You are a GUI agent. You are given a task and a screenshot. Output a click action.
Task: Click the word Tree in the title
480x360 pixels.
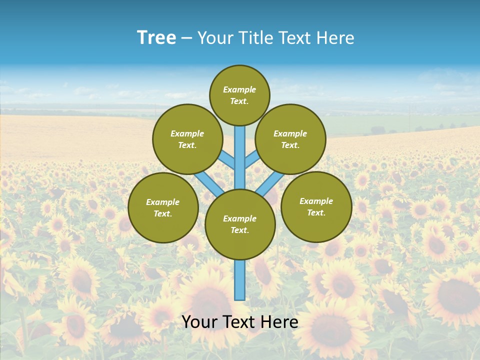[x=156, y=38]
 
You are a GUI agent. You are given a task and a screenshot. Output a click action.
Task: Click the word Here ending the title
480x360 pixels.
[x=336, y=38]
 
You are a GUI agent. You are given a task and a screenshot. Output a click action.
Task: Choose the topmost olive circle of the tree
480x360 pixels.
[x=239, y=95]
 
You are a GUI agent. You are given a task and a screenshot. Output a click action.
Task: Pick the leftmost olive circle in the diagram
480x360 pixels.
[x=163, y=207]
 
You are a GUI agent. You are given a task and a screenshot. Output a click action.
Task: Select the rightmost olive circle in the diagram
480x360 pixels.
[x=316, y=206]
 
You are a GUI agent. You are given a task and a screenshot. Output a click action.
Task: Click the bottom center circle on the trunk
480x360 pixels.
[x=240, y=224]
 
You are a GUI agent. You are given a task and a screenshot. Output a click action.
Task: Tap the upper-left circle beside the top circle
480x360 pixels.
[x=187, y=139]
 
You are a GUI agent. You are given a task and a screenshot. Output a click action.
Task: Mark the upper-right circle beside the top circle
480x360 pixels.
[x=290, y=139]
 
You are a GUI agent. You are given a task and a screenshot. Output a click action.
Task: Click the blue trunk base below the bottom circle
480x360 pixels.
[x=240, y=280]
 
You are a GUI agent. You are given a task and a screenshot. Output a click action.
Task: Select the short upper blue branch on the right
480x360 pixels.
[x=252, y=159]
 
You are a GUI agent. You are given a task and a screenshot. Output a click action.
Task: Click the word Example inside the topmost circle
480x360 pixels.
[x=239, y=89]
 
